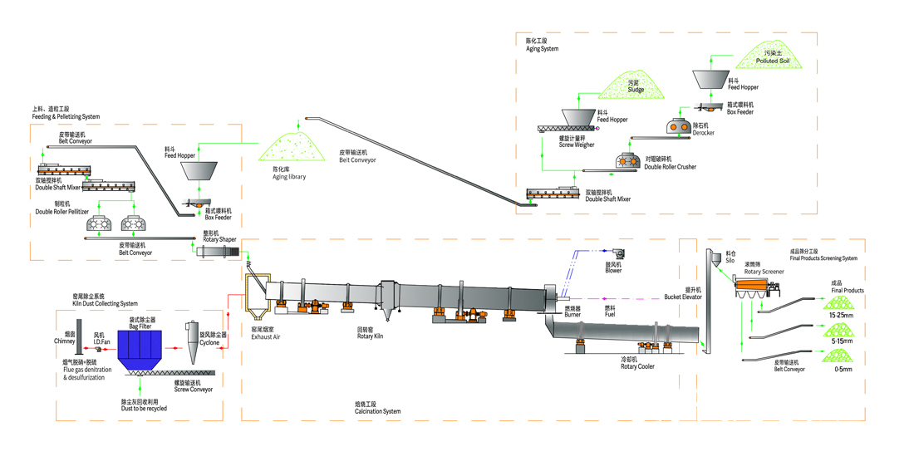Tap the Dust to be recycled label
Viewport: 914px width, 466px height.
click(143, 409)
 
